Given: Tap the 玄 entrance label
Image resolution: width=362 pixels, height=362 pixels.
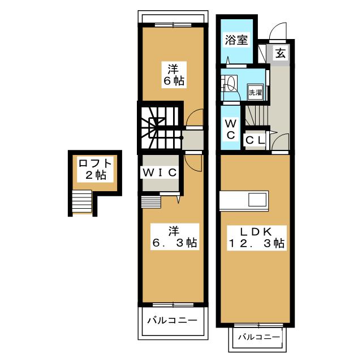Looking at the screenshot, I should (281, 54).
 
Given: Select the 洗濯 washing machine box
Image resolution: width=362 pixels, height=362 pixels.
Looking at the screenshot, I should (255, 92).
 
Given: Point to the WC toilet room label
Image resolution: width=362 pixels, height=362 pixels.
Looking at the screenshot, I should (231, 129).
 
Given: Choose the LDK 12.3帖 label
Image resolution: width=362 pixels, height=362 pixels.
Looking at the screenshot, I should (255, 238).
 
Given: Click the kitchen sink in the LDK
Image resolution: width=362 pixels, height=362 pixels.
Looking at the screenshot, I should (257, 200).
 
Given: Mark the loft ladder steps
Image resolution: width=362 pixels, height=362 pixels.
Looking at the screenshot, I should (82, 202).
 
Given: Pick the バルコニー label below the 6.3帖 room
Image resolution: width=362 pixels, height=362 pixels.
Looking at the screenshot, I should (173, 320).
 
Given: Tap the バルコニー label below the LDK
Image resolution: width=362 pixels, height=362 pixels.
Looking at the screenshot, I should (258, 337).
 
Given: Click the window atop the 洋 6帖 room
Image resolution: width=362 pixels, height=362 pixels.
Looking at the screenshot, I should (172, 24).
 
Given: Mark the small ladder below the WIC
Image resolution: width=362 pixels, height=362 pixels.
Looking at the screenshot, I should (151, 201).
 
